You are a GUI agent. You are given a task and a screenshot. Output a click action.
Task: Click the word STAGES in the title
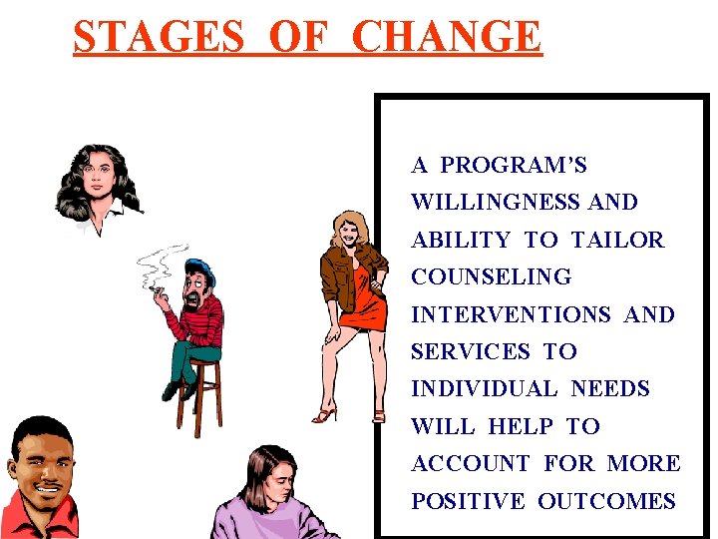pos(158,37)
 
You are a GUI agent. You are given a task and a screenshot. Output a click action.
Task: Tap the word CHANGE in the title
pos(447,37)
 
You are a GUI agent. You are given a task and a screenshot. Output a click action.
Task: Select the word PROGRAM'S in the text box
pos(514,165)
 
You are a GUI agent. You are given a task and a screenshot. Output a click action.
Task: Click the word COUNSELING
pos(492,276)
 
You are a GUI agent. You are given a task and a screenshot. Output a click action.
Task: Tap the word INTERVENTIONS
pos(511,314)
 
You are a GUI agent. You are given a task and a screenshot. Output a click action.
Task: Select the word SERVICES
pos(471,351)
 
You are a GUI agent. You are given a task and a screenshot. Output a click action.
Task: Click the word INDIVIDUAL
pos(484,389)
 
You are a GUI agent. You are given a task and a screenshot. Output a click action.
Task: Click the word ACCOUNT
pos(471,464)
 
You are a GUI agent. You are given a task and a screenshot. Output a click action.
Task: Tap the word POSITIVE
pos(467,501)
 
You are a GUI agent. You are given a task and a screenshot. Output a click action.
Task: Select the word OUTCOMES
pos(607,501)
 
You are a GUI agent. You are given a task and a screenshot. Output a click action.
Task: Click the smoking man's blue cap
pos(201,267)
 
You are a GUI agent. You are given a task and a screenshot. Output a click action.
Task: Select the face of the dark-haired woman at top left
pos(102,180)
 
